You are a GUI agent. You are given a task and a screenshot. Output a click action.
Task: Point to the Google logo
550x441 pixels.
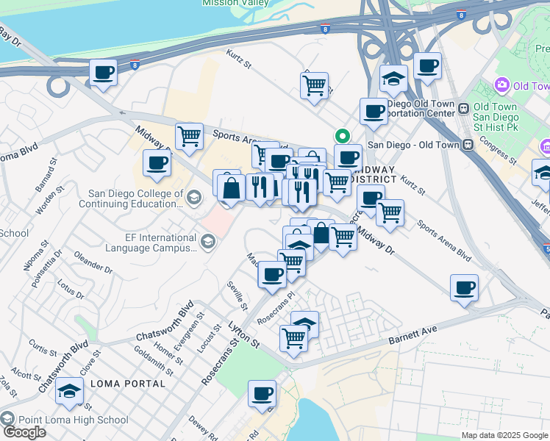click(24, 431)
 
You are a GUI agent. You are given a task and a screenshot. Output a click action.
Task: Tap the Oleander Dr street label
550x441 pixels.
click(93, 262)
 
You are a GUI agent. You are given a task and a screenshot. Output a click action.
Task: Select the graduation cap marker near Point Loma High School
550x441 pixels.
click(68, 391)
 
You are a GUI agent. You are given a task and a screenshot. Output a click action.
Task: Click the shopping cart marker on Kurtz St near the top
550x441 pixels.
click(314, 85)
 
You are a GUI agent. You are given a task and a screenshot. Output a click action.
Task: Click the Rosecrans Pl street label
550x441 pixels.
click(276, 309)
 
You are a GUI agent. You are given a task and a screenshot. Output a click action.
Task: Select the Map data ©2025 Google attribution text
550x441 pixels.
click(505, 435)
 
